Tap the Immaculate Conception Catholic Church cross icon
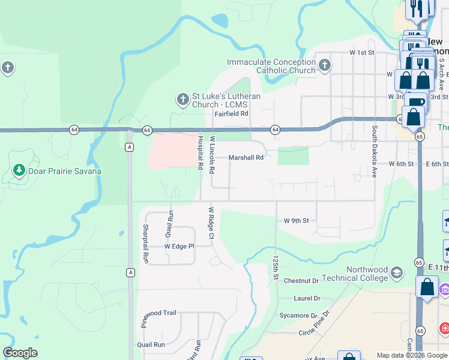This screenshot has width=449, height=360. (x=324, y=65)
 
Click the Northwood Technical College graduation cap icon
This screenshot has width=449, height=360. (x=396, y=274)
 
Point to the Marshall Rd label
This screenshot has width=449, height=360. (x=246, y=158)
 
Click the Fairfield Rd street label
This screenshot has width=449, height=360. (x=232, y=113)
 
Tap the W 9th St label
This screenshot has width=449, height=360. (x=297, y=220)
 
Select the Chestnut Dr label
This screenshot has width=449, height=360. (x=301, y=281)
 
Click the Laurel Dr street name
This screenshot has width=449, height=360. (x=307, y=298)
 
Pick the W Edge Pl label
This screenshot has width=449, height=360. (x=179, y=246)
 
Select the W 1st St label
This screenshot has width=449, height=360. (x=362, y=53)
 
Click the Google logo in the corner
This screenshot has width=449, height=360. (x=20, y=353)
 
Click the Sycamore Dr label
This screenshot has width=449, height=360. (x=298, y=315)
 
